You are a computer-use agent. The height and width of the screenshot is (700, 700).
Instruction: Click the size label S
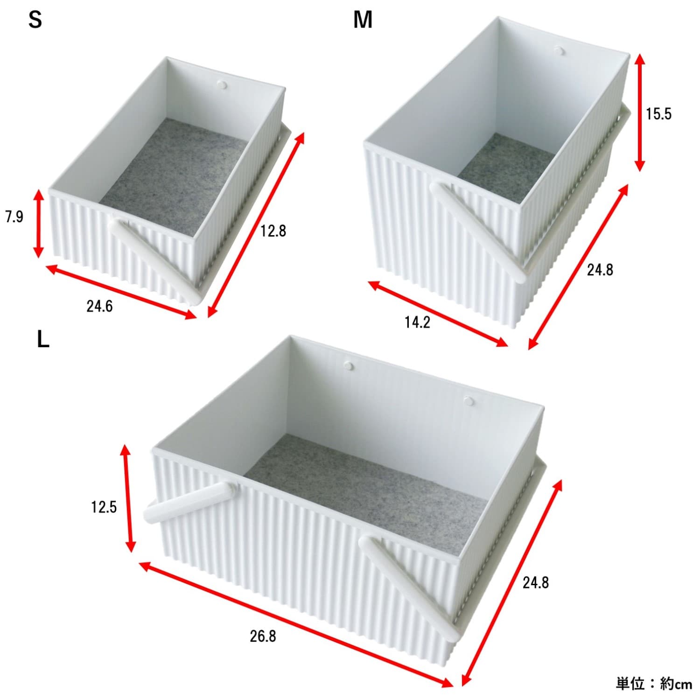point(35,20)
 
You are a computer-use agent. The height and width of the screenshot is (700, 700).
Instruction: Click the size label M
point(363,20)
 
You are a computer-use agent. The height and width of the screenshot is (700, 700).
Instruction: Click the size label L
point(43,340)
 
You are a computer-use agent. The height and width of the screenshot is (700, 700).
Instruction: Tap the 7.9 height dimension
point(14,217)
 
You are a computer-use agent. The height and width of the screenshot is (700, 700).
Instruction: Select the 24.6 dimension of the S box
point(99,307)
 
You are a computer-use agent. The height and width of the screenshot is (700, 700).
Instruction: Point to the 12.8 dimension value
point(273,231)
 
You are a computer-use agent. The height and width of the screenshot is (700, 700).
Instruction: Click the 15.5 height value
point(658,114)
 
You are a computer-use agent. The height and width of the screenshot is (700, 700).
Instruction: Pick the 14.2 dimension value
point(417,322)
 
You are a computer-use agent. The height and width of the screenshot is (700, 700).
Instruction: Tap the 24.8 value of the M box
point(600,270)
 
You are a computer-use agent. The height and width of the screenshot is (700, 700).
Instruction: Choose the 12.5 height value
point(104,507)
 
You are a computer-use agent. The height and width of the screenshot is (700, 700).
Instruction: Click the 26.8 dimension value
point(263,636)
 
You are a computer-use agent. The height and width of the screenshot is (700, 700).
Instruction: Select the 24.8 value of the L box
point(536,582)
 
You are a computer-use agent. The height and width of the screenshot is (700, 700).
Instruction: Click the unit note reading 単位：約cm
point(654,684)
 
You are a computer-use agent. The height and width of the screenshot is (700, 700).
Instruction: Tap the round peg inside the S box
point(223,85)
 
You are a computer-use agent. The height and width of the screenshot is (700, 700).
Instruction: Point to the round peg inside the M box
point(559,49)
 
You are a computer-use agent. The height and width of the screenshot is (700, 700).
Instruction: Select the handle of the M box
point(478,231)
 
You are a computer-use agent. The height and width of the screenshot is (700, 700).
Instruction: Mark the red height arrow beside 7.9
point(39,223)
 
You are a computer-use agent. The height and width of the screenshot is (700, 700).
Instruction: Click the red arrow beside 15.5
point(640,112)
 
